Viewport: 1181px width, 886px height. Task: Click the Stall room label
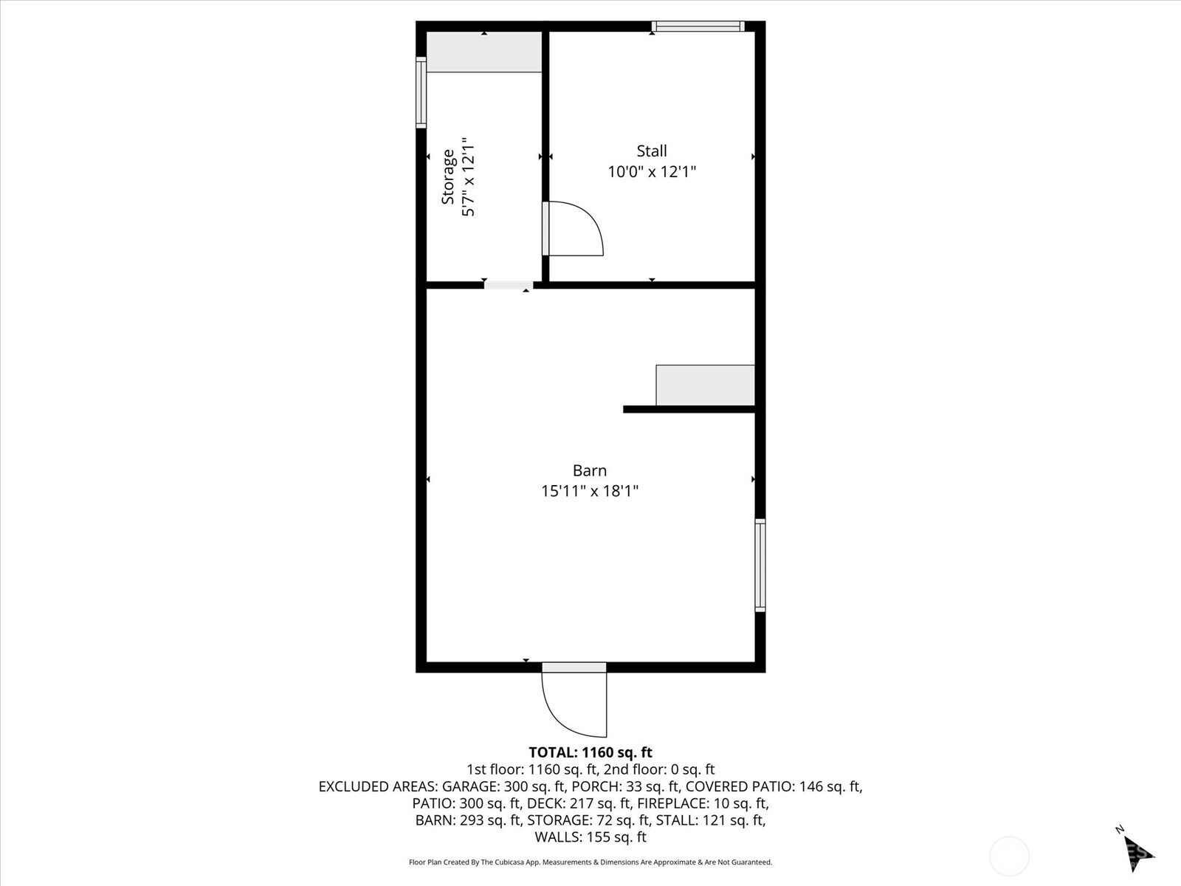(652, 151)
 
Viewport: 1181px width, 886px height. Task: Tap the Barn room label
(590, 471)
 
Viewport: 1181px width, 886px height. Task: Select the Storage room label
(448, 176)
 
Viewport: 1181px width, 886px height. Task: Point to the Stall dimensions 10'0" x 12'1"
(652, 171)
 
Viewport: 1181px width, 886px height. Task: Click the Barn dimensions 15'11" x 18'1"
(590, 491)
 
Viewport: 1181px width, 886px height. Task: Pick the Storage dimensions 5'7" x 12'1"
(469, 176)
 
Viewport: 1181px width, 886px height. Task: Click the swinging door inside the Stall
(573, 228)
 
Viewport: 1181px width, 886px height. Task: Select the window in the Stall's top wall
(698, 26)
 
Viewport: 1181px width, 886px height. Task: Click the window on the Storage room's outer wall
(421, 92)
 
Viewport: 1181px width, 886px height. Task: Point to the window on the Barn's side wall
(760, 565)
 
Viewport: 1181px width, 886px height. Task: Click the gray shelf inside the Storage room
(484, 52)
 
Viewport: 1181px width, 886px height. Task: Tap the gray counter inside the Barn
(706, 385)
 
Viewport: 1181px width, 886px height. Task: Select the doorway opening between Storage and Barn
(509, 285)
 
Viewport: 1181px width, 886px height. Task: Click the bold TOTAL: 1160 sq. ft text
(590, 752)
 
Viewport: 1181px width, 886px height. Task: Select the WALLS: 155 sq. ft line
(590, 837)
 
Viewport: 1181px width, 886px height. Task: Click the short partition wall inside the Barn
(689, 409)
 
